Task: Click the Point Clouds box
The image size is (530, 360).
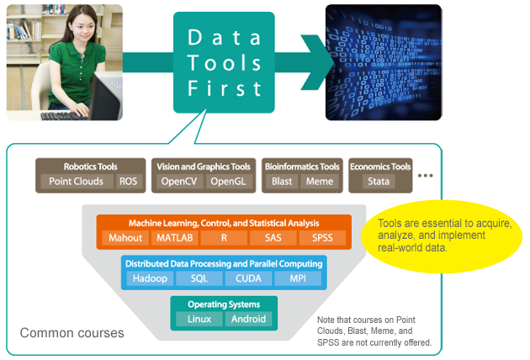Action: click(x=77, y=181)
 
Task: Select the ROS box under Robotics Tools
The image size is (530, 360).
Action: click(x=128, y=181)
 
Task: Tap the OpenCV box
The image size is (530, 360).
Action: click(x=178, y=181)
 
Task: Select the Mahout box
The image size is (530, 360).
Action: click(x=125, y=238)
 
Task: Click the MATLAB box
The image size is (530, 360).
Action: click(x=175, y=238)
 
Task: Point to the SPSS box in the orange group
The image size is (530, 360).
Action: click(x=321, y=238)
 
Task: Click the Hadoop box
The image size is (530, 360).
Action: click(x=149, y=278)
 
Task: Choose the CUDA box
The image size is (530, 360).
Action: click(x=248, y=278)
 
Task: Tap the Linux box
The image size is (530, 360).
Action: click(x=199, y=319)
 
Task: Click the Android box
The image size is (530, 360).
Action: click(x=248, y=319)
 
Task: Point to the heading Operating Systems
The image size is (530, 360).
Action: click(x=224, y=304)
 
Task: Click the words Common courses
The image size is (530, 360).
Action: click(x=72, y=333)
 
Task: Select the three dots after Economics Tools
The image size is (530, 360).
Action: click(x=425, y=176)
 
